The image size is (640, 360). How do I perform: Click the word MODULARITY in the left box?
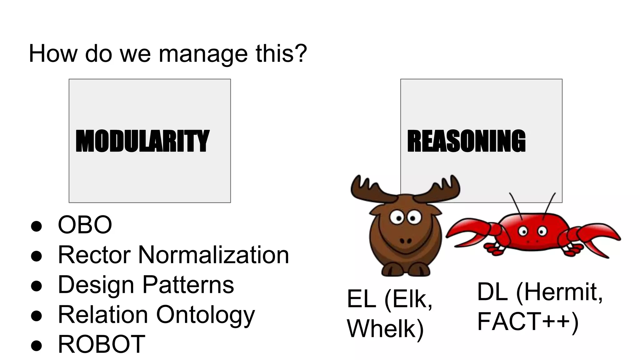click(142, 141)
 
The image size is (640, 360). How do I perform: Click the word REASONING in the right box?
click(466, 141)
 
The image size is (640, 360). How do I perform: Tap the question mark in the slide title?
click(300, 53)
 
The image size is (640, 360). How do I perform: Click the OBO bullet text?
click(85, 225)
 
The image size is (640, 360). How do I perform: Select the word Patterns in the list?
click(188, 285)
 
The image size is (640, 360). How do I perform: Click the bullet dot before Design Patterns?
click(37, 286)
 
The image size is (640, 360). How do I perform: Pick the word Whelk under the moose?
click(385, 329)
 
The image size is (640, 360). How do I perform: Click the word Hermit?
click(562, 292)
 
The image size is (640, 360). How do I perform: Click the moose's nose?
click(406, 241)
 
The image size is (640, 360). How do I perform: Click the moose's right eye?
click(413, 218)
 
